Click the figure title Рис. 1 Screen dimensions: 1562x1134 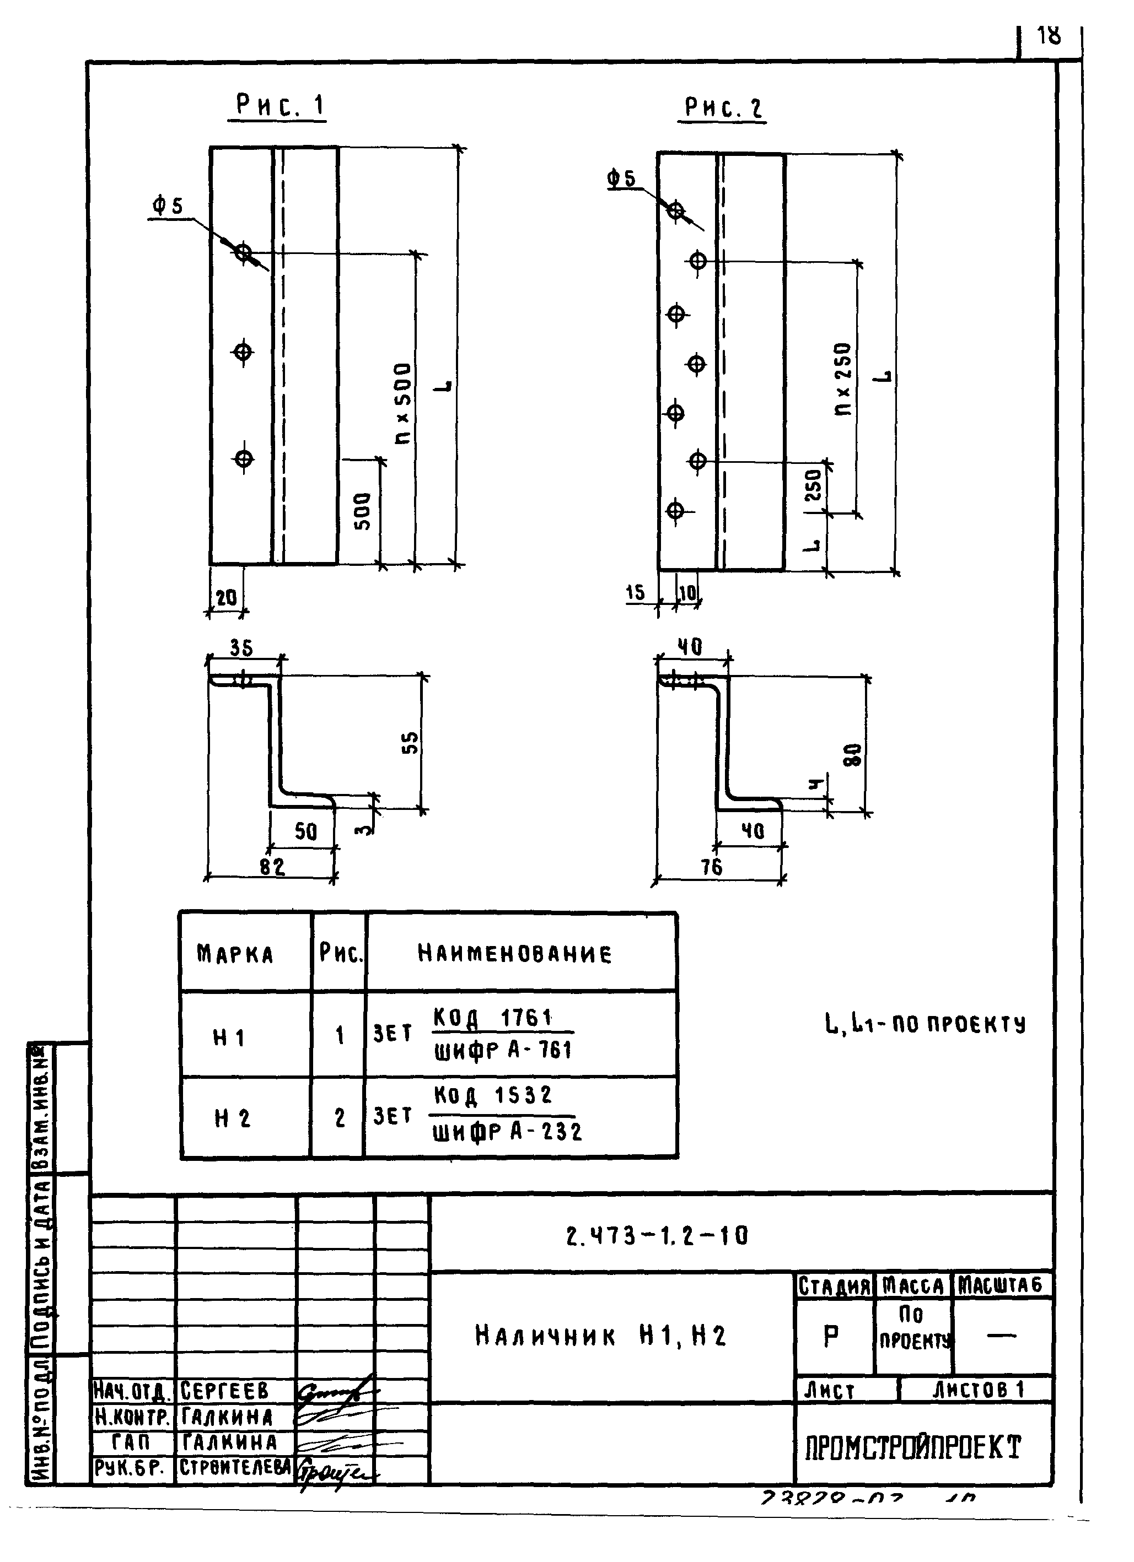279,106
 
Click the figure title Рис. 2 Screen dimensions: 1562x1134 723,108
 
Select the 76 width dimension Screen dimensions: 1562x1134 712,867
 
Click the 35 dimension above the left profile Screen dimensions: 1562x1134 241,648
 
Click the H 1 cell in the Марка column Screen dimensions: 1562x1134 229,1037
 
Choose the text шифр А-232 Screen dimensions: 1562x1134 507,1132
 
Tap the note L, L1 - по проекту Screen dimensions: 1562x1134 925,1025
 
